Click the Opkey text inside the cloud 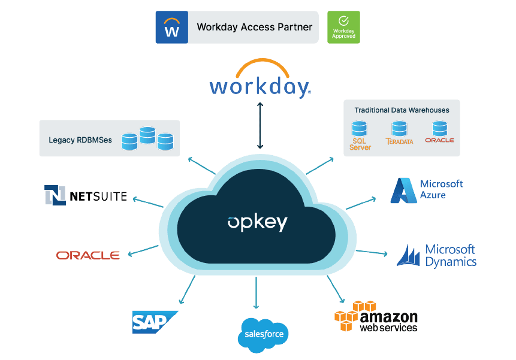(x=258, y=223)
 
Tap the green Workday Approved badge (x=343, y=27)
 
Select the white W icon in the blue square (x=171, y=28)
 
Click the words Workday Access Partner (x=254, y=28)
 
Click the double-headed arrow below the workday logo (x=259, y=125)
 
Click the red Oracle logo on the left (x=88, y=255)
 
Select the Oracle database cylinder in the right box (x=440, y=128)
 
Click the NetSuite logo (x=86, y=195)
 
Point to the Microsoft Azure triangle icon (x=403, y=190)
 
